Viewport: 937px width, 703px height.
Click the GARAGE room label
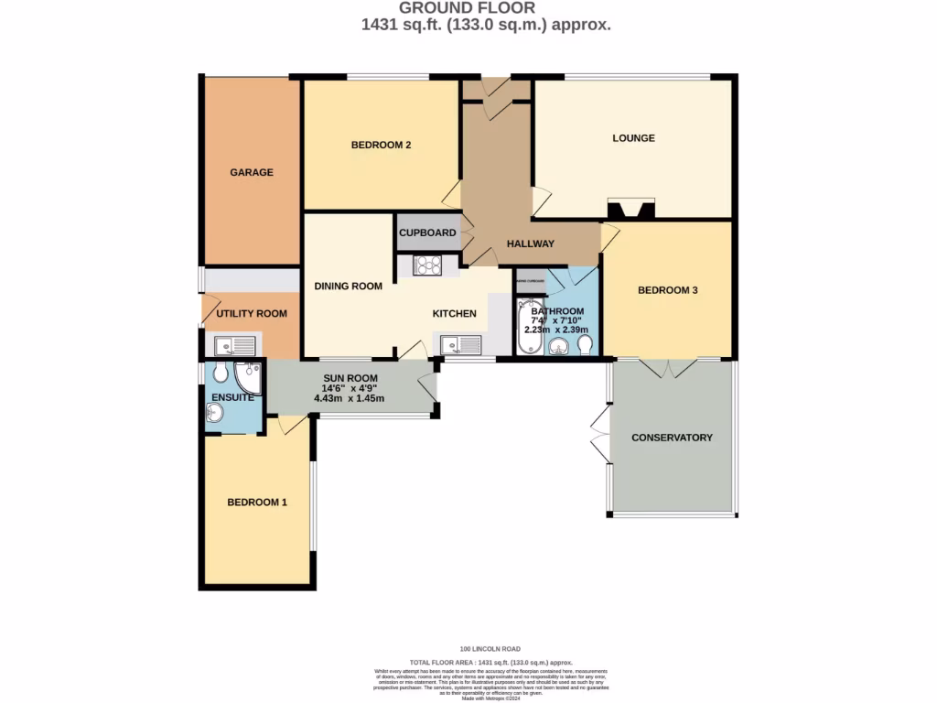[x=251, y=172]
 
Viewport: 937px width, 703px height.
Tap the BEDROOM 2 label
[x=381, y=145]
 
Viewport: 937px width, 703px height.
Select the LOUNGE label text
[x=633, y=138]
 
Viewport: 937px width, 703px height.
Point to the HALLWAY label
[x=531, y=243]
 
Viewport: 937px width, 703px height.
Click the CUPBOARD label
[x=427, y=233]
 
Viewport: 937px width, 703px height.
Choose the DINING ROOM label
[x=348, y=286]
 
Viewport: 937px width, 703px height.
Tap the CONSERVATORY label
[x=672, y=438]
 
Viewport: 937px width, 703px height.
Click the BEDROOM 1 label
[x=257, y=502]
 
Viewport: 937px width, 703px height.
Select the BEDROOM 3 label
[x=668, y=290]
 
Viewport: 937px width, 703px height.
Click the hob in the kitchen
[x=427, y=265]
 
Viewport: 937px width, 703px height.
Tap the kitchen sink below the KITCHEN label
[x=460, y=345]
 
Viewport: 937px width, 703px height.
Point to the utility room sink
[x=234, y=345]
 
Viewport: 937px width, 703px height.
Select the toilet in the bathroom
[x=585, y=343]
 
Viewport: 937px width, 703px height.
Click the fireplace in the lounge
[x=631, y=210]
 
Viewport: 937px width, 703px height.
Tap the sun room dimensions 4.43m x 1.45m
[x=350, y=398]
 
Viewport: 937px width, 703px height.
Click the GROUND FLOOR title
[x=487, y=8]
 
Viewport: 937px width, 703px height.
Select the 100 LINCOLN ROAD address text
[x=490, y=649]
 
